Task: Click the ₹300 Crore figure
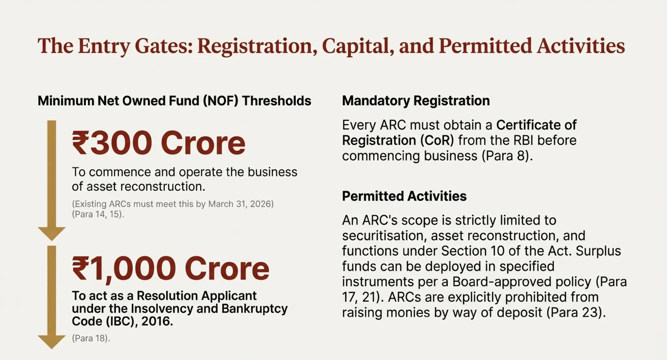click(x=158, y=143)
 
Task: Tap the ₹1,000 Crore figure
click(x=170, y=268)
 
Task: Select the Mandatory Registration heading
click(x=416, y=101)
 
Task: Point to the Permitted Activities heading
click(x=404, y=196)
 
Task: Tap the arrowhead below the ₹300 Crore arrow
click(x=51, y=233)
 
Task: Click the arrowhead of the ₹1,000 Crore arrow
click(x=51, y=341)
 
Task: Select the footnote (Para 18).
click(x=91, y=338)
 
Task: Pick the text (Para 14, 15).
click(x=98, y=214)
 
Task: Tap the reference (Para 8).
click(x=507, y=156)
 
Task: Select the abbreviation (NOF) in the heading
click(x=220, y=101)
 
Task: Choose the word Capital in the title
click(x=356, y=46)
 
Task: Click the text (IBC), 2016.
click(x=139, y=321)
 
